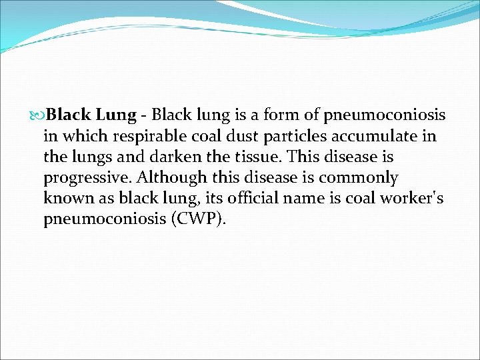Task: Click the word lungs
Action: [x=88, y=157]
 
